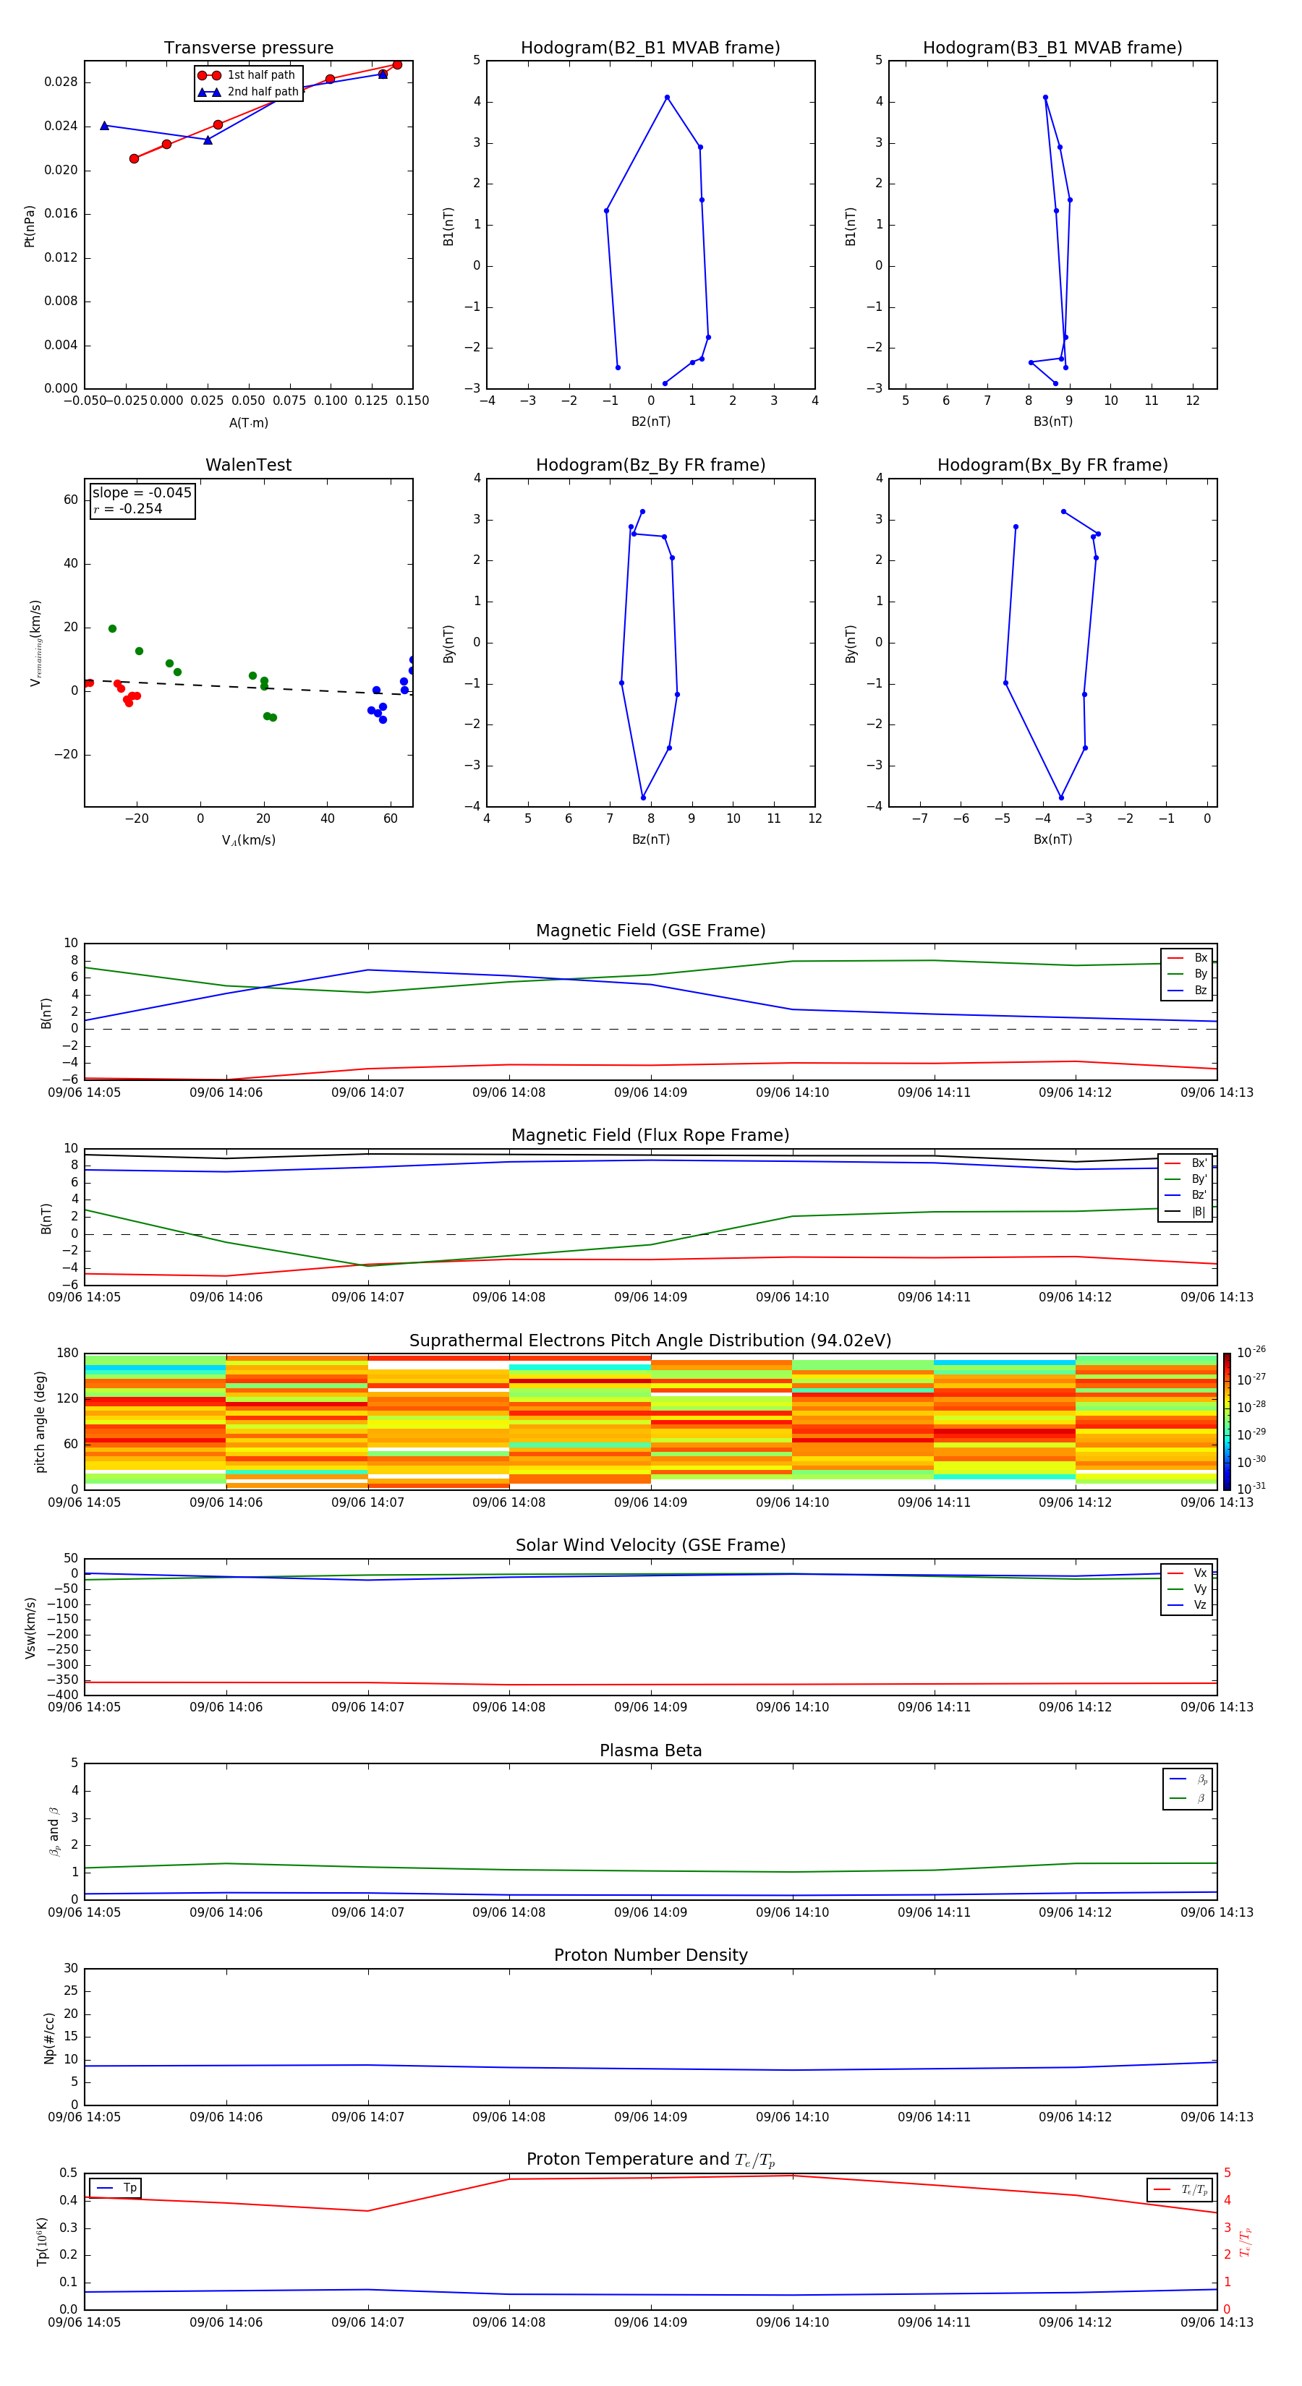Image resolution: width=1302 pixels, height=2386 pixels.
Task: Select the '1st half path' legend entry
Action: pyautogui.click(x=260, y=75)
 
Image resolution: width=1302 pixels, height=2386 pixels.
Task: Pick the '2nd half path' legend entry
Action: pyautogui.click(x=263, y=92)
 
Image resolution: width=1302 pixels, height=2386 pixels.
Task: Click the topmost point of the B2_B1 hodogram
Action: pyautogui.click(x=666, y=98)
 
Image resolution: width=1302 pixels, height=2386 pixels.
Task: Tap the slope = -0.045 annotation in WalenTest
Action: pyautogui.click(x=142, y=493)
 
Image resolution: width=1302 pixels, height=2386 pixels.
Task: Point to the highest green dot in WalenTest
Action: pyautogui.click(x=112, y=629)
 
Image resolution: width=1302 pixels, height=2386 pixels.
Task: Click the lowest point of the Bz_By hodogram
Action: pyautogui.click(x=643, y=798)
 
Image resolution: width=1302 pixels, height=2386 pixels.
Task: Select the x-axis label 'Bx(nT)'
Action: pyautogui.click(x=1052, y=839)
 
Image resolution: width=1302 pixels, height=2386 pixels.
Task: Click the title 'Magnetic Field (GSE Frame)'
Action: pyautogui.click(x=650, y=931)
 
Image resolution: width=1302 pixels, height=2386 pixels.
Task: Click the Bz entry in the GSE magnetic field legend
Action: pyautogui.click(x=1200, y=990)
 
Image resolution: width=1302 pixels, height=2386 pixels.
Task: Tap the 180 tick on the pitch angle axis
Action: pyautogui.click(x=68, y=1354)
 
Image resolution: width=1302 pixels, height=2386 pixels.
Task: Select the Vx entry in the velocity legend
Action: pyautogui.click(x=1200, y=1573)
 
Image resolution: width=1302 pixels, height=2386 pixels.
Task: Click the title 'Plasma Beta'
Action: pyautogui.click(x=650, y=1750)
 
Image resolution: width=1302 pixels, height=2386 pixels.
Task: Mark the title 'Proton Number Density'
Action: pyautogui.click(x=650, y=1955)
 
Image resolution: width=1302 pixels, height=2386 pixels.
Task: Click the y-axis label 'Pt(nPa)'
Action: pyautogui.click(x=30, y=226)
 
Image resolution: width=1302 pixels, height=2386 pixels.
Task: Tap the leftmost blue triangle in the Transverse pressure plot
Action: pyautogui.click(x=105, y=126)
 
